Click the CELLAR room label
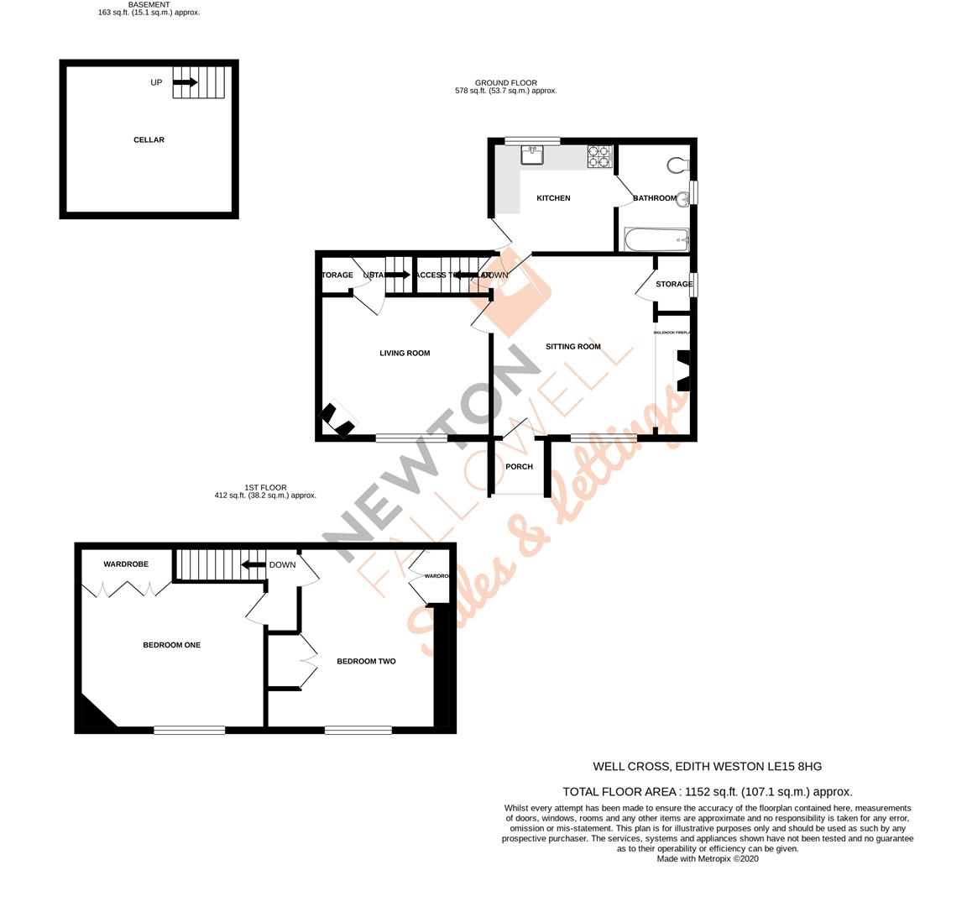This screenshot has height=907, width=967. coord(149,139)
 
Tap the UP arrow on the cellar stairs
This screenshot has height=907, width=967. coord(185,82)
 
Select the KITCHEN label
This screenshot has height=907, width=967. coord(553,198)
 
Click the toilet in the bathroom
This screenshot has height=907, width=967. coord(678,163)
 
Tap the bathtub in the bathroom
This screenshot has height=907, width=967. coord(656,240)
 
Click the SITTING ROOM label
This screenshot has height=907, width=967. coord(573,346)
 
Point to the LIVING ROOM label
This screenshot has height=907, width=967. coord(405,353)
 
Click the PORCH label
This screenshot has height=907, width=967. coord(520,467)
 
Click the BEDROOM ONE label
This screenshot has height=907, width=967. coord(171,645)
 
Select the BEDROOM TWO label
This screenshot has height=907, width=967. coord(366,661)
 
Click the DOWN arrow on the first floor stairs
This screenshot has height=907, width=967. coord(254,564)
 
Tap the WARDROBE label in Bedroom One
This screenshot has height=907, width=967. coord(126,564)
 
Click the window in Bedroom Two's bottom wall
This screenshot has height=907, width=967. coord(358,730)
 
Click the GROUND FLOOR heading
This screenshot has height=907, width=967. coord(505,82)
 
